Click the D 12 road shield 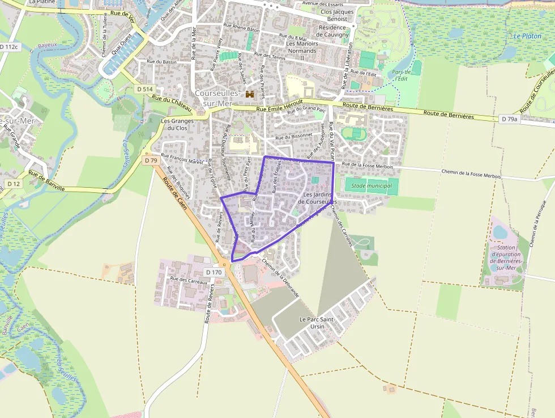point(14,184)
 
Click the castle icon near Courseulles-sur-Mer point(248,95)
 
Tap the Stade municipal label point(371,185)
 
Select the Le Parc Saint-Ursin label point(317,323)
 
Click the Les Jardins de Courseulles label point(317,198)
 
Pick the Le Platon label point(527,36)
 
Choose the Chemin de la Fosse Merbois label point(471,174)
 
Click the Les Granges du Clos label point(177,124)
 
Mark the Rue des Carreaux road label point(189,280)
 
